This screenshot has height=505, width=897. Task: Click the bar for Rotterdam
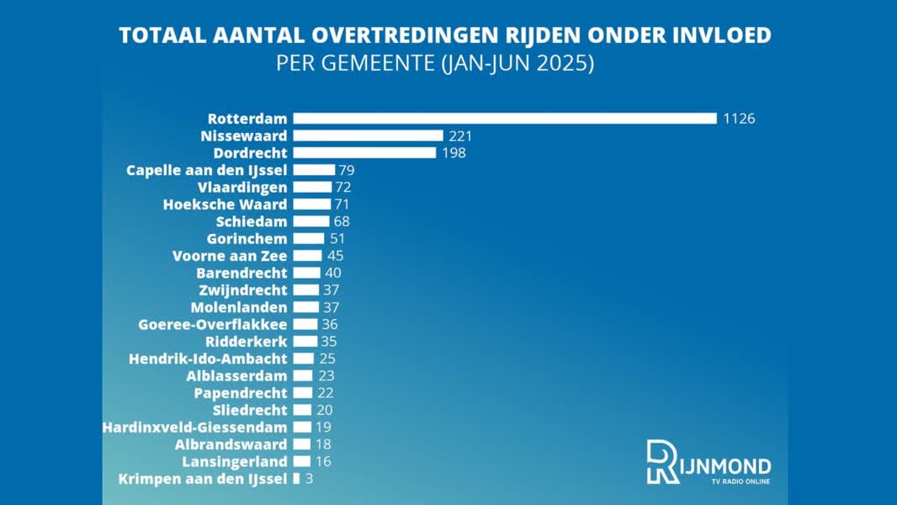[505, 119]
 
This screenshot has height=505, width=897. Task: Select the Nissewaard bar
[368, 136]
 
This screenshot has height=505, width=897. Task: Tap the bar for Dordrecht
[364, 153]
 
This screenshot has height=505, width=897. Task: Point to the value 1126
[739, 119]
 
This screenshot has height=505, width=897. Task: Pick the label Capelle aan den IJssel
[206, 170]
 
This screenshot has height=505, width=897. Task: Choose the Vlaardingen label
[242, 187]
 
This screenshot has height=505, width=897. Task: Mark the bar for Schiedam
[311, 221]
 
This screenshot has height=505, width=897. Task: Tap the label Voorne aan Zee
[230, 256]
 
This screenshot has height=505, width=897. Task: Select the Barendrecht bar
[306, 273]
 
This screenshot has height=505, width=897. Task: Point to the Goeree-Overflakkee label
[213, 324]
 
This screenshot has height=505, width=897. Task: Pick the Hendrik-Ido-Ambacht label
[208, 359]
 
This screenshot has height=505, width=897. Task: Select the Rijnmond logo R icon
[662, 461]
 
